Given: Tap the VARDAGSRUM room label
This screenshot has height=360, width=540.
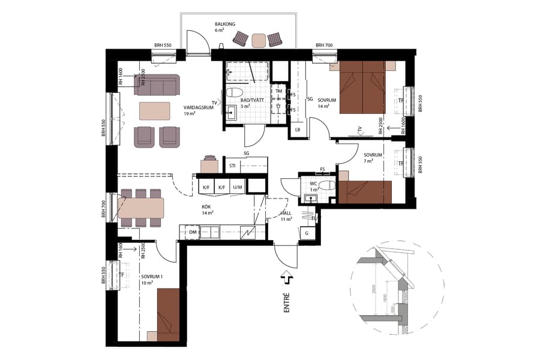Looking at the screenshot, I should click(196, 109).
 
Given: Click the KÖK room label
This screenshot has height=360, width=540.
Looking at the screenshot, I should click(208, 209).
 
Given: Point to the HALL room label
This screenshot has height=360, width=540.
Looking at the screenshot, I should click(286, 215).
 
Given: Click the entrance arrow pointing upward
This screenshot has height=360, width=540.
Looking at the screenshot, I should click(286, 278).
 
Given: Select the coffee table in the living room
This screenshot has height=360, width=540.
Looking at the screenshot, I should click(155, 111).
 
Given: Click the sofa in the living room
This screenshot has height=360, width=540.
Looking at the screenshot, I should click(157, 85).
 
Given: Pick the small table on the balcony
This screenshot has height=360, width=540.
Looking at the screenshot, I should click(259, 40).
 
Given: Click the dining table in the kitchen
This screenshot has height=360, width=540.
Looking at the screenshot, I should click(141, 208).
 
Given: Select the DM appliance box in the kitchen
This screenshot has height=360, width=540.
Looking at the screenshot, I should click(193, 232).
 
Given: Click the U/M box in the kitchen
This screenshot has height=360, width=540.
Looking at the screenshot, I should click(237, 187).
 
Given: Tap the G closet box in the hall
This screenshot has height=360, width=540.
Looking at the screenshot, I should click(307, 233).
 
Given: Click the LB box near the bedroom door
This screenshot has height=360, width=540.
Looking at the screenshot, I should click(298, 129).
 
